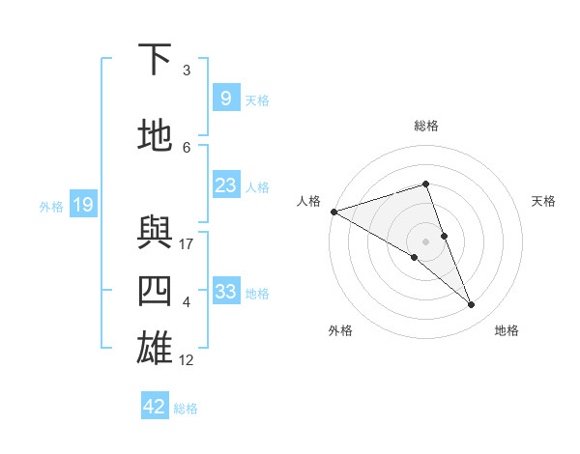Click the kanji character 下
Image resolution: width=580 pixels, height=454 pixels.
(156, 60)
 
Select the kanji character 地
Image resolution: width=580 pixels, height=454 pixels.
(156, 136)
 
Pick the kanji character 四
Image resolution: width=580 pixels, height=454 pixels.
(156, 291)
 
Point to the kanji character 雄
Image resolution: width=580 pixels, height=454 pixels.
(156, 349)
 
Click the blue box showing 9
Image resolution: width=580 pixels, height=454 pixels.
(225, 99)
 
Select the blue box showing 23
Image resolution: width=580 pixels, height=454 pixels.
(225, 185)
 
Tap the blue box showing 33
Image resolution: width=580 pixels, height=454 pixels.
(225, 292)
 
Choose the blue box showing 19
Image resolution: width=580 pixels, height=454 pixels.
(82, 205)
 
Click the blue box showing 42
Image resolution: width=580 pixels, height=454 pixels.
(155, 407)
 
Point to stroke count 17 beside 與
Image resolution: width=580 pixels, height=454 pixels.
(187, 244)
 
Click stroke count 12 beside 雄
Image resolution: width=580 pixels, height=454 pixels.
(187, 360)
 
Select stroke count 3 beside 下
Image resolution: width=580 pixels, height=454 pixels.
(187, 71)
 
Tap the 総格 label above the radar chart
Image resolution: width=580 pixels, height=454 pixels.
(426, 126)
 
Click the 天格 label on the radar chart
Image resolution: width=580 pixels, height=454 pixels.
(544, 201)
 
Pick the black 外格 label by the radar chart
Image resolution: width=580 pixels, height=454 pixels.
(340, 330)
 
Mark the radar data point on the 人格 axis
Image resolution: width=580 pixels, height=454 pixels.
(333, 212)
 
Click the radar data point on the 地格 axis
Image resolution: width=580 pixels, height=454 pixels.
(472, 305)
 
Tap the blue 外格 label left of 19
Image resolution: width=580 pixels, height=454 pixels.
(50, 206)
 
